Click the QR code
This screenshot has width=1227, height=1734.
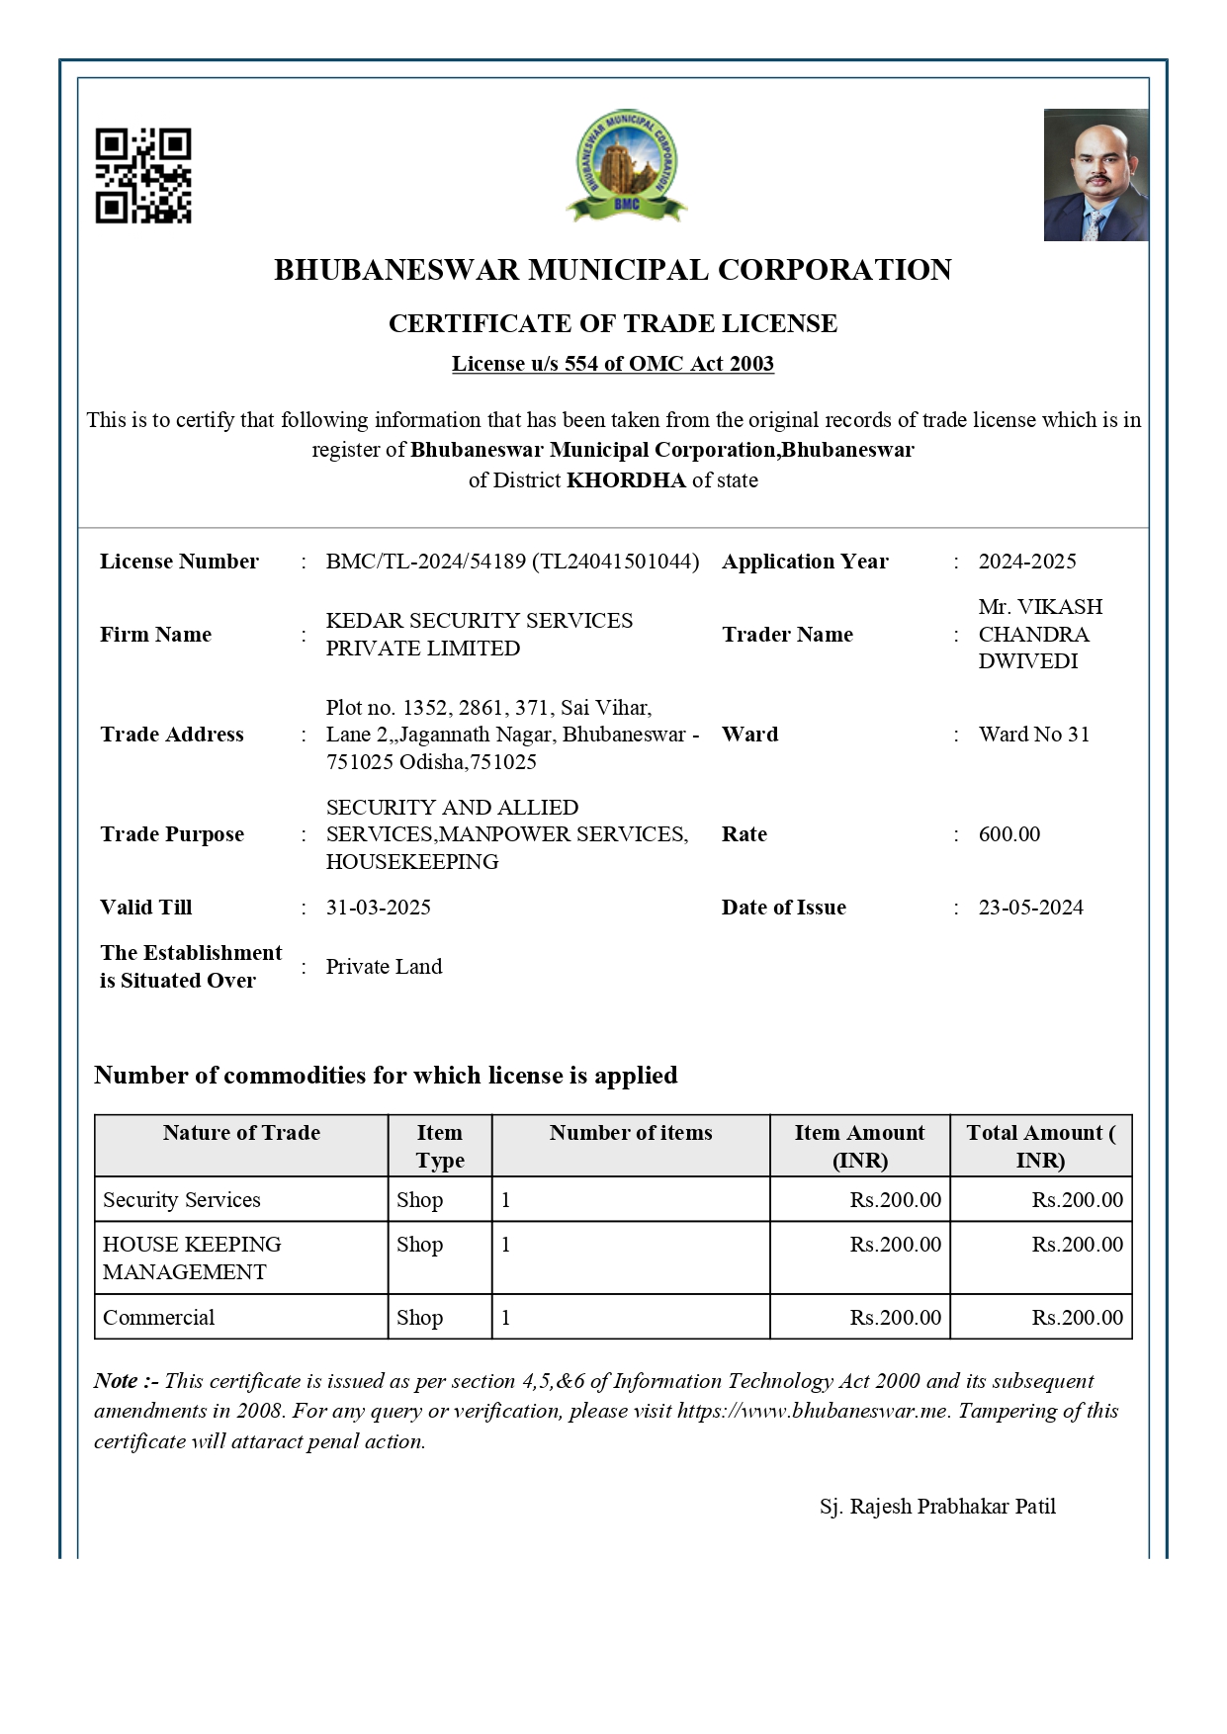tap(143, 175)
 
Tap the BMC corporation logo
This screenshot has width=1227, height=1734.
tap(626, 165)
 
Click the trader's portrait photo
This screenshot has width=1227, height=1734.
tap(1096, 175)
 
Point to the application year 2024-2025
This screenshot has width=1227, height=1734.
tap(1027, 562)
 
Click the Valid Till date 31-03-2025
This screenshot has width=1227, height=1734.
tap(378, 908)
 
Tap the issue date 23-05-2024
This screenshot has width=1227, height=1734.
tap(1030, 908)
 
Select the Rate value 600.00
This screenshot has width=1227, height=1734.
tap(1008, 834)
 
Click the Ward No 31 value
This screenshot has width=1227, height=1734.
tap(1033, 735)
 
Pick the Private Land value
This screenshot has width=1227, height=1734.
tap(384, 967)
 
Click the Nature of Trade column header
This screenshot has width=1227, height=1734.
tap(241, 1133)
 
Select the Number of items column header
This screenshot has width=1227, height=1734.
tap(631, 1133)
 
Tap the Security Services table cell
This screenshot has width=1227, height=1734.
tap(182, 1200)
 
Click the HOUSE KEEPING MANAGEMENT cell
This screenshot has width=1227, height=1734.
tap(192, 1258)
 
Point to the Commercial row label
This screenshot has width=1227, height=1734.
tap(158, 1318)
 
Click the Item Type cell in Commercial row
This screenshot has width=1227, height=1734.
tap(419, 1318)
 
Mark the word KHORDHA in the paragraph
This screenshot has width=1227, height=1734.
tap(626, 480)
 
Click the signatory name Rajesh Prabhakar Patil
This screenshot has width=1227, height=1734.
tap(937, 1507)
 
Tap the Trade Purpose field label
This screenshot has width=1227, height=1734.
tap(172, 834)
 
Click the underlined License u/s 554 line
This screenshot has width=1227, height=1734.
tap(613, 364)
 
